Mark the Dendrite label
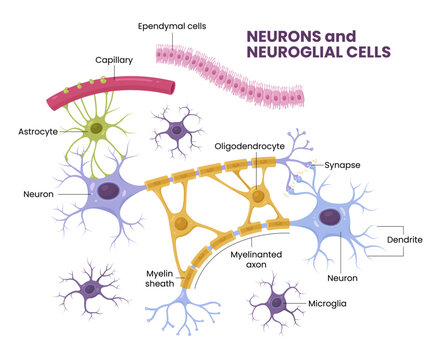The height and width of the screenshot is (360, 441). click(405, 240)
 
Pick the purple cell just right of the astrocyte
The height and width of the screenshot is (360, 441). click(178, 128)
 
